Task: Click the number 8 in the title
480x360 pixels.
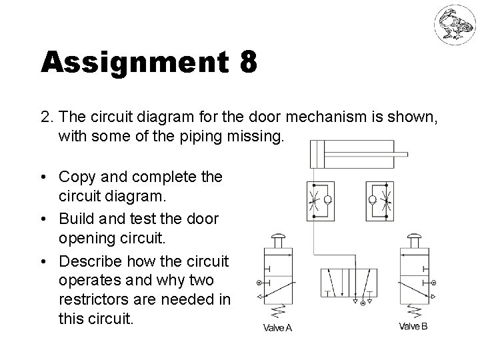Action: click(x=247, y=64)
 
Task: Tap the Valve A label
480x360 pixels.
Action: click(x=277, y=327)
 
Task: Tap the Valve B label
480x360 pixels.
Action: click(x=413, y=326)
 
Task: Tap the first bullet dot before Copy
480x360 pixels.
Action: click(x=43, y=177)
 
